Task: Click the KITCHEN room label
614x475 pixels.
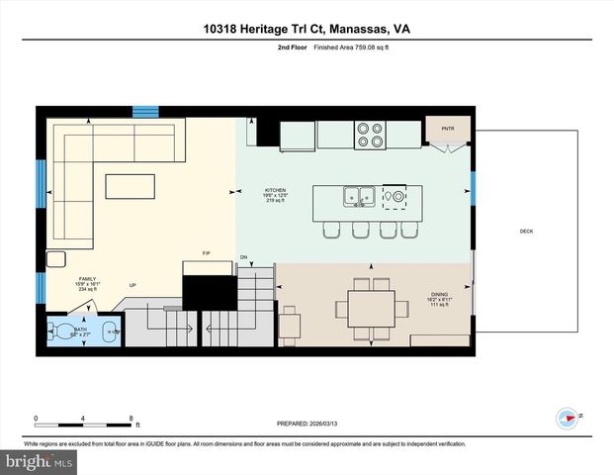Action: click(x=275, y=190)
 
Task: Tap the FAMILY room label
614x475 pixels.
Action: click(x=88, y=280)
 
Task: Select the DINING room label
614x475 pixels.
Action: click(x=438, y=294)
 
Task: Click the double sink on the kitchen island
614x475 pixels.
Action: click(x=358, y=197)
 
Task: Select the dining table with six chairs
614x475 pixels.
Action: click(x=372, y=309)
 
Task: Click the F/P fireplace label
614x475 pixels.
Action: click(x=207, y=253)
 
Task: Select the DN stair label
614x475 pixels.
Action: click(x=243, y=257)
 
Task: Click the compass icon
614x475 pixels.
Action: click(x=568, y=418)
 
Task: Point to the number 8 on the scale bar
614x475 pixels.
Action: click(x=131, y=418)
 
